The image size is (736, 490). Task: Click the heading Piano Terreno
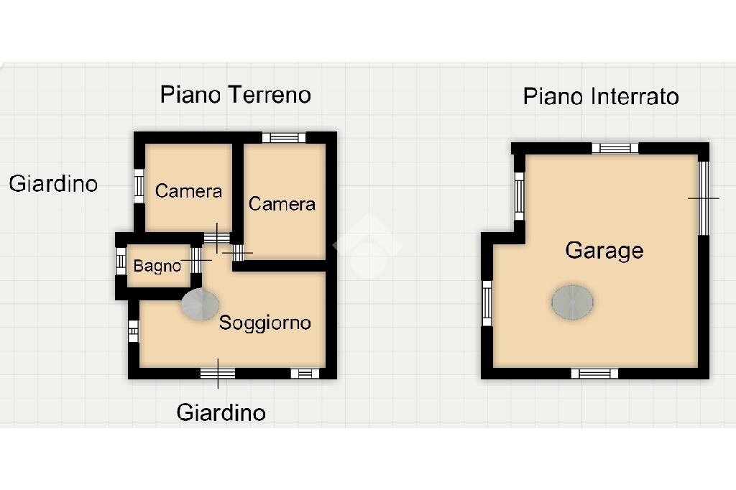[x=235, y=95]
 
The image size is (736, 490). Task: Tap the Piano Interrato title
[x=601, y=96]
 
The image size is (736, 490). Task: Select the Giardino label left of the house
[x=53, y=184]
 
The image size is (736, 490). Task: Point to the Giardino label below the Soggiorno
[x=221, y=412]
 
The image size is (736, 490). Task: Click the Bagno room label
[x=157, y=267]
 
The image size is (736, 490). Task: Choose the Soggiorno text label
[x=264, y=323]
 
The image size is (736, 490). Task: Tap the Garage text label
[x=604, y=251]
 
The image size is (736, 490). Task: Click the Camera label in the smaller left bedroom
[x=188, y=191]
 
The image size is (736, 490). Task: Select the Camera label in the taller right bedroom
[x=282, y=204]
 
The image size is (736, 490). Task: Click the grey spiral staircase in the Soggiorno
[x=199, y=305]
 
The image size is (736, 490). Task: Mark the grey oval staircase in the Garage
[x=573, y=302]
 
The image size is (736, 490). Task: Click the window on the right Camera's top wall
[x=283, y=138]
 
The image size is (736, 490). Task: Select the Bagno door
[x=195, y=260]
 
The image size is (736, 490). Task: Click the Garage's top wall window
[x=615, y=148]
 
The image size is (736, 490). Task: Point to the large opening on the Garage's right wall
[x=704, y=198]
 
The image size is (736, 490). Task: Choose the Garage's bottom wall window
[x=594, y=373]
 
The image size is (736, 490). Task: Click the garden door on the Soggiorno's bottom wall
[x=218, y=372]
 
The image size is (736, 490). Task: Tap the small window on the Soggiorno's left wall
[x=133, y=330]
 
